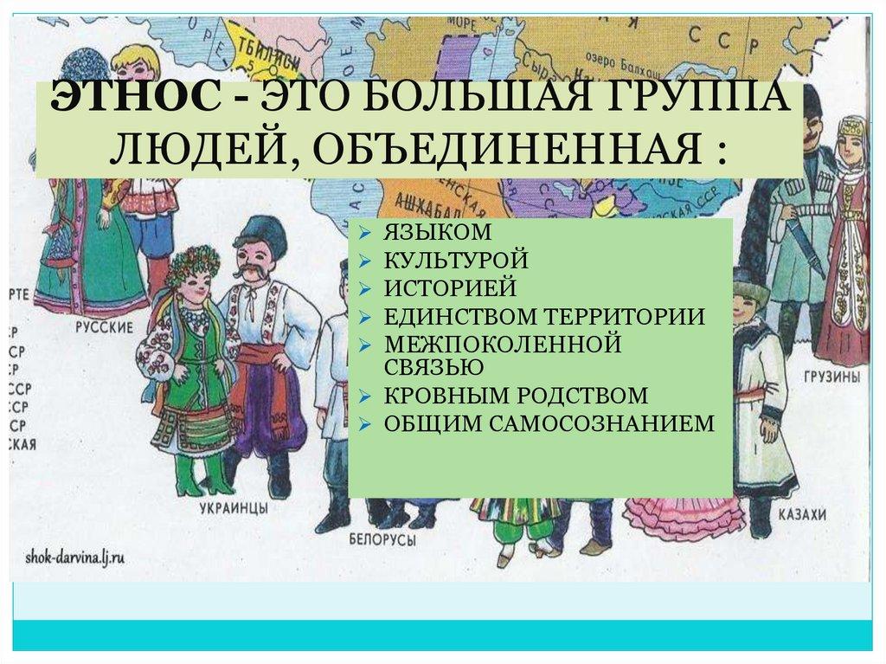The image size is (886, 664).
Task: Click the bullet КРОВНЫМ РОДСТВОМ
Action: pyautogui.click(x=516, y=396)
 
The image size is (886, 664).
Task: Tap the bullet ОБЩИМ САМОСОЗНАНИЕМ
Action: pyautogui.click(x=550, y=423)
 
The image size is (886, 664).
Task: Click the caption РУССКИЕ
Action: pyautogui.click(x=103, y=328)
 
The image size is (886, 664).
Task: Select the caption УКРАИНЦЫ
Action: pyautogui.click(x=233, y=507)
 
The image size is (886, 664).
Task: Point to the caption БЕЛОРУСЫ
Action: pyautogui.click(x=379, y=540)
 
